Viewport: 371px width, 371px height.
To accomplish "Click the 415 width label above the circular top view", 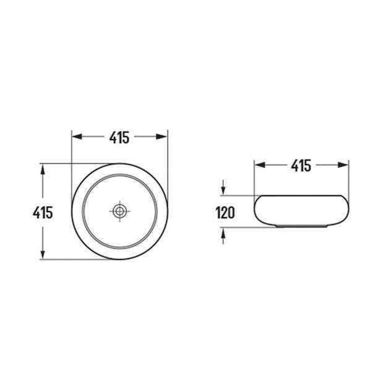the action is (x=119, y=137).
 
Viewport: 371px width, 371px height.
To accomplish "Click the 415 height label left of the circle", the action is (x=43, y=213).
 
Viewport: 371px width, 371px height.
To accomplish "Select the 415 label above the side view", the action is (x=301, y=165).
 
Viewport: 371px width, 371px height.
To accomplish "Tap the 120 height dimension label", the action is (x=225, y=213).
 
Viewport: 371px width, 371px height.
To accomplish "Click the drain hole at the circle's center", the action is (x=119, y=211).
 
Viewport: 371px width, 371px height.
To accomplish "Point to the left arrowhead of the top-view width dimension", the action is (x=77, y=137).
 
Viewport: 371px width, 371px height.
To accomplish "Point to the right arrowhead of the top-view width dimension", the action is (x=161, y=137).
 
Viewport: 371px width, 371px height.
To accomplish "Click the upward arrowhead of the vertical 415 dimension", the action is (x=43, y=169).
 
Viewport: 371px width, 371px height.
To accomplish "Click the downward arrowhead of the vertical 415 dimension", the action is (x=43, y=254).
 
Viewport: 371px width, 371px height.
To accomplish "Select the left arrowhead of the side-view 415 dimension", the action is (x=260, y=165).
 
